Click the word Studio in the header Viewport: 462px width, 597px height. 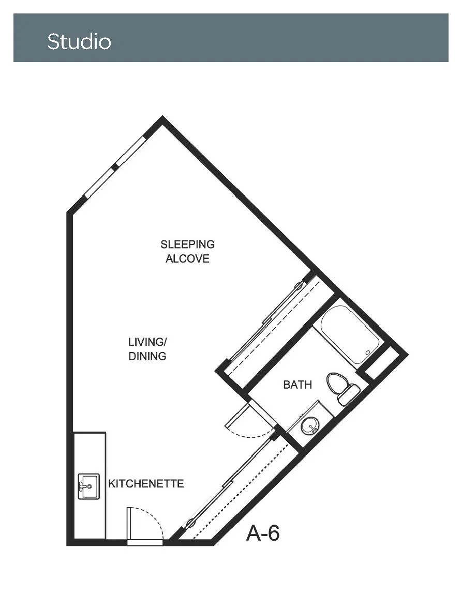click(x=79, y=41)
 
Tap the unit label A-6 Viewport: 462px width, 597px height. click(x=263, y=533)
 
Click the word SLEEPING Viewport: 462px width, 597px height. click(x=188, y=244)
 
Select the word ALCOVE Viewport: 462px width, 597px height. click(x=188, y=258)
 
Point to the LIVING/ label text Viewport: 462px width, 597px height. click(x=147, y=342)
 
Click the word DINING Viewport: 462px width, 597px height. click(x=147, y=356)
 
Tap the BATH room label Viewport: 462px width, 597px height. click(x=297, y=385)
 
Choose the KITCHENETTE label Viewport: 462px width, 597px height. click(x=146, y=483)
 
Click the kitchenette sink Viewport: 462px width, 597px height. click(x=89, y=486)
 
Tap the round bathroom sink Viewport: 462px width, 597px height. click(x=310, y=426)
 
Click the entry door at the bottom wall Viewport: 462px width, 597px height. click(x=145, y=542)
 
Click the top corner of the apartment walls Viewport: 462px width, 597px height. click(x=162, y=118)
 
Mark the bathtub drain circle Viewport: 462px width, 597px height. click(x=367, y=353)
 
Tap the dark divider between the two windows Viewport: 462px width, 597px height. click(x=115, y=167)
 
